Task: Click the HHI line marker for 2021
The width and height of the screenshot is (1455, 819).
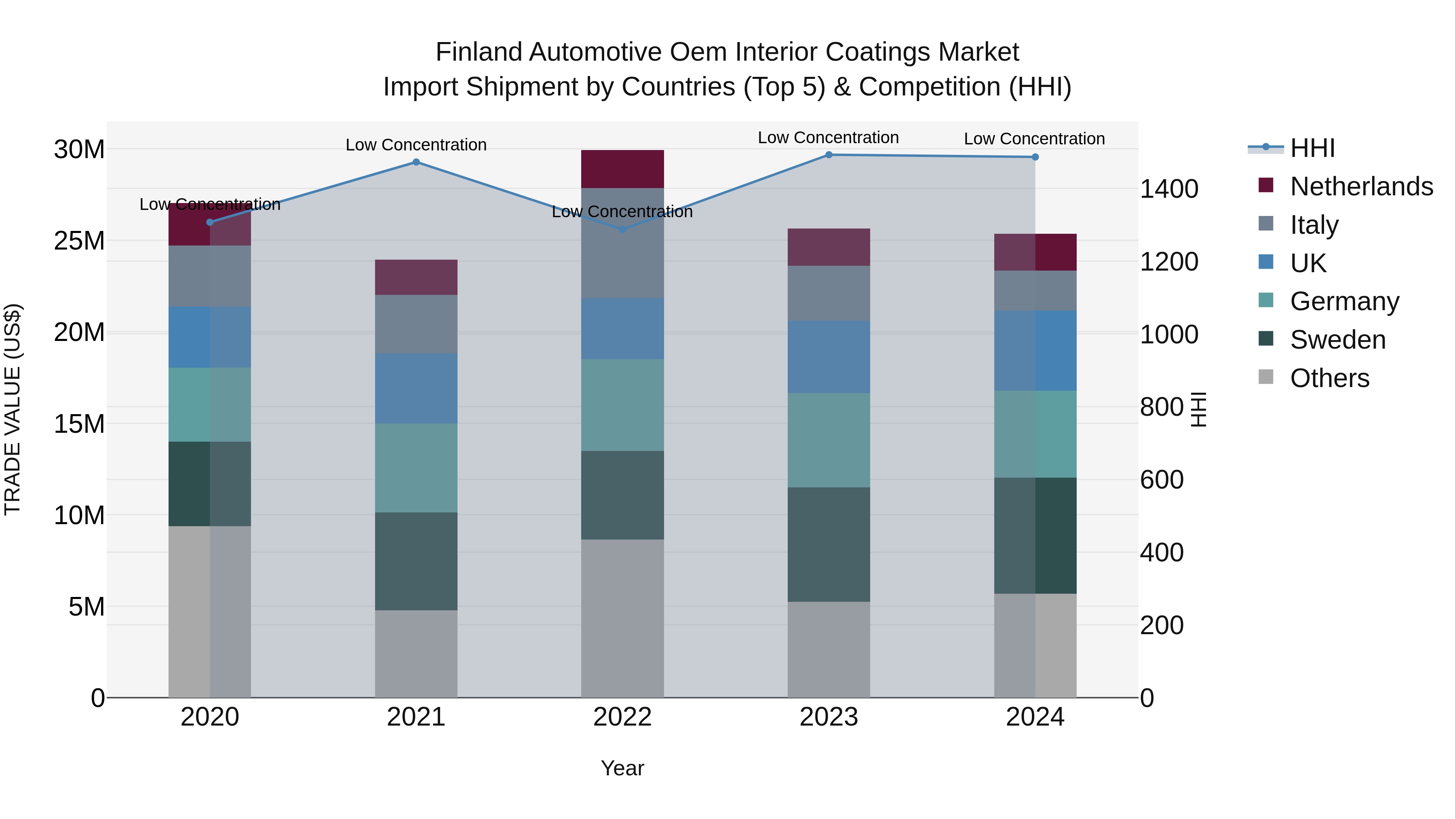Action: (416, 162)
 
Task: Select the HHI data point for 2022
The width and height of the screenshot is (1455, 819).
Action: (622, 229)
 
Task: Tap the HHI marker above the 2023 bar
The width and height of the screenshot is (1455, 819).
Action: (829, 155)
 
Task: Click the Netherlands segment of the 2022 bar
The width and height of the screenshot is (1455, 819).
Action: (622, 169)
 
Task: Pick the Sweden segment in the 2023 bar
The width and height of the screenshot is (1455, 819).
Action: (829, 544)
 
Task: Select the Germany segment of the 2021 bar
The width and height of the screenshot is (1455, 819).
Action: (416, 468)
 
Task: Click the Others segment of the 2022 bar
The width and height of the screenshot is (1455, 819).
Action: (622, 618)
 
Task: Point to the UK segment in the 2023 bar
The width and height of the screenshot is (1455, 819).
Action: (829, 357)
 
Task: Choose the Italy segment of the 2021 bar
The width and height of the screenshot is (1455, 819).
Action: (416, 324)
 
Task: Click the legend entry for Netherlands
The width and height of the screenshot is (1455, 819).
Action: (1361, 186)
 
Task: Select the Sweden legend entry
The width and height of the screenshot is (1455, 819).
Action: (1337, 340)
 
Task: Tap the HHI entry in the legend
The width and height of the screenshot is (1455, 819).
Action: (1312, 148)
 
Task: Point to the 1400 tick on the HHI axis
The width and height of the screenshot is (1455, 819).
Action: (1168, 189)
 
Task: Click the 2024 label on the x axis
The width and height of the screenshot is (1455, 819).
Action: (1035, 717)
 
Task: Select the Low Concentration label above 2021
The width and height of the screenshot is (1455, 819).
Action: (416, 145)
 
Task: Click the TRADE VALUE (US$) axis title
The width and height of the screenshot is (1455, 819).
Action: (13, 409)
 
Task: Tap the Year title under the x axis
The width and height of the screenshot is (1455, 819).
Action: (622, 768)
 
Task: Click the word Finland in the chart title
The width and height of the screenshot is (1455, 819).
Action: (479, 53)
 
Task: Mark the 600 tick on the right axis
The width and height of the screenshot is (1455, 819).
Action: (1161, 480)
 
